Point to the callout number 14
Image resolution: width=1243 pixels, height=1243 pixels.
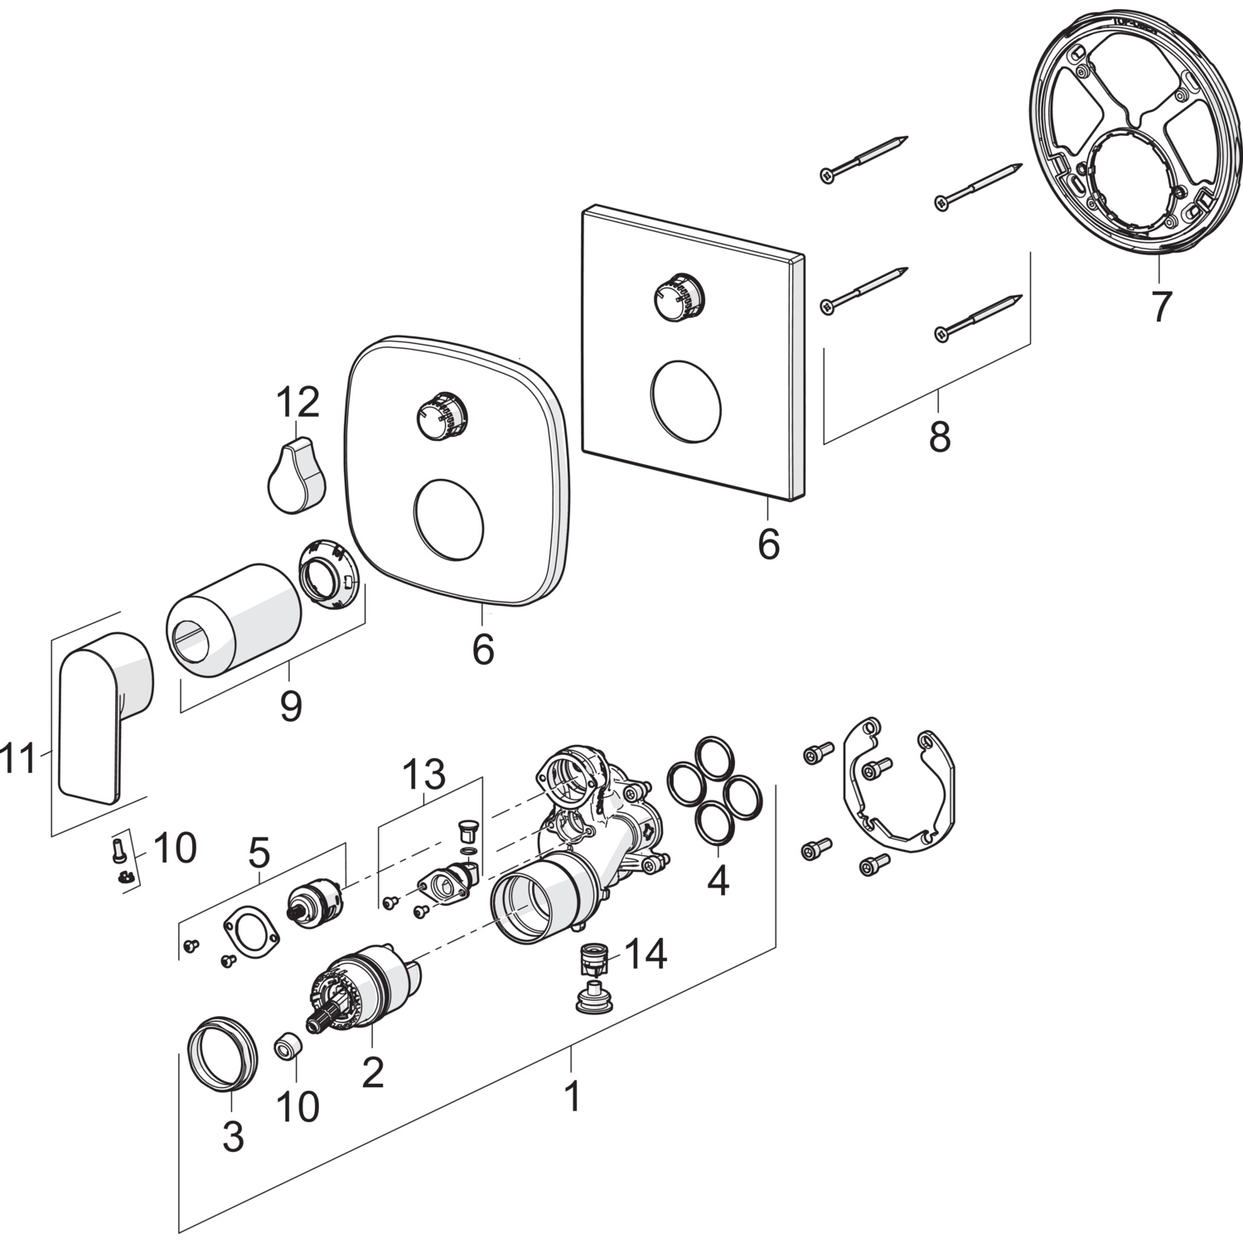[645, 955]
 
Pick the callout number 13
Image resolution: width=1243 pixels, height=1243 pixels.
[423, 775]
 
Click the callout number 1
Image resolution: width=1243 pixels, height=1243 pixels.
[572, 1096]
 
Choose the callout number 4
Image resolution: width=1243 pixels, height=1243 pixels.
[718, 880]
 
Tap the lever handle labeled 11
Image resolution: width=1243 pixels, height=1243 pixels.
[104, 713]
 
